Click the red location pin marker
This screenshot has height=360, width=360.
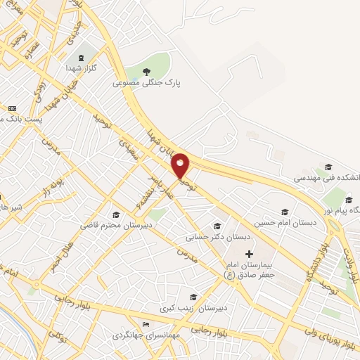(x=180, y=167)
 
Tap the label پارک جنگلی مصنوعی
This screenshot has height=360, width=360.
(x=147, y=83)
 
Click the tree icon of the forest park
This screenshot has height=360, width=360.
(x=147, y=71)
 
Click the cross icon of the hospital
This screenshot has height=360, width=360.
(x=248, y=253)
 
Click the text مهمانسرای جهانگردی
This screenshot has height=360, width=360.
(x=146, y=335)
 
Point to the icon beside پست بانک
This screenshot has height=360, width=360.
(x=12, y=108)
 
